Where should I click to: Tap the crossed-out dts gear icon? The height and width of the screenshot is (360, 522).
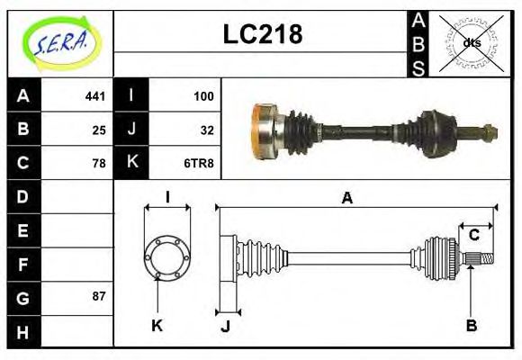coord(471,42)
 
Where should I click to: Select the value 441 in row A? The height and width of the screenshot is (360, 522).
coord(95,95)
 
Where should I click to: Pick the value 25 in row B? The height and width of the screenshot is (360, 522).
coord(99,129)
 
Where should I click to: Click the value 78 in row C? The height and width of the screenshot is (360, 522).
coord(99,163)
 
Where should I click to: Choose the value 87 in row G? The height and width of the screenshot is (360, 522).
coord(99,296)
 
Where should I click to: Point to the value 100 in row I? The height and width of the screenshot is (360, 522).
coord(202,95)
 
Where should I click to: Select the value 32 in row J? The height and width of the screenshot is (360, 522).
coord(206,129)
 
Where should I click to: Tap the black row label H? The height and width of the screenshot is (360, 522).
coord(23,331)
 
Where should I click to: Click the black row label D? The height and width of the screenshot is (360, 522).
coord(23,196)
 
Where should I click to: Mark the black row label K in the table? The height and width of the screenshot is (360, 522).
coord(131,163)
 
